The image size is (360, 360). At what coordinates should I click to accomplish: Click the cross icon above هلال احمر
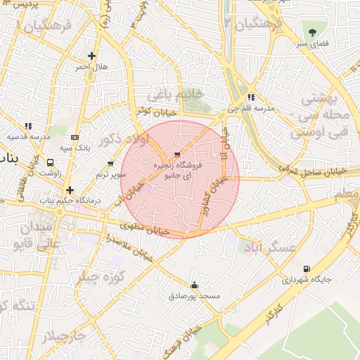pos(91,56)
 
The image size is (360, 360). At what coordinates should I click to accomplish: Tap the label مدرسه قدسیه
pos(27,136)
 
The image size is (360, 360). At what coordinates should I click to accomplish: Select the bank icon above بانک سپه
pos(75,137)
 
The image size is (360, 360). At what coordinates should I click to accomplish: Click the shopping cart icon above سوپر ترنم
pos(110,164)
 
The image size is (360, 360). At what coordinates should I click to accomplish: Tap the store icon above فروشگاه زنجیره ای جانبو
pos(176,153)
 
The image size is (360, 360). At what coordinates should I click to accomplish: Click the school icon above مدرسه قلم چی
pos(251,98)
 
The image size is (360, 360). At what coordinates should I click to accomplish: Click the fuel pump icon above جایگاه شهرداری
pos(306,269)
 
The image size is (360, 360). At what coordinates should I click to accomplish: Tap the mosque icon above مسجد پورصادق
pos(195,285)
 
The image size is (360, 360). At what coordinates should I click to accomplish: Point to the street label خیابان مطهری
pos(146,229)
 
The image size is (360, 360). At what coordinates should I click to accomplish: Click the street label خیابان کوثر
pos(153,110)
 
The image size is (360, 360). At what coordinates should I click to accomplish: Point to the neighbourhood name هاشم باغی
pos(176,94)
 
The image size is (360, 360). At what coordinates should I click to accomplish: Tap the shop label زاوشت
pos(49,172)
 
